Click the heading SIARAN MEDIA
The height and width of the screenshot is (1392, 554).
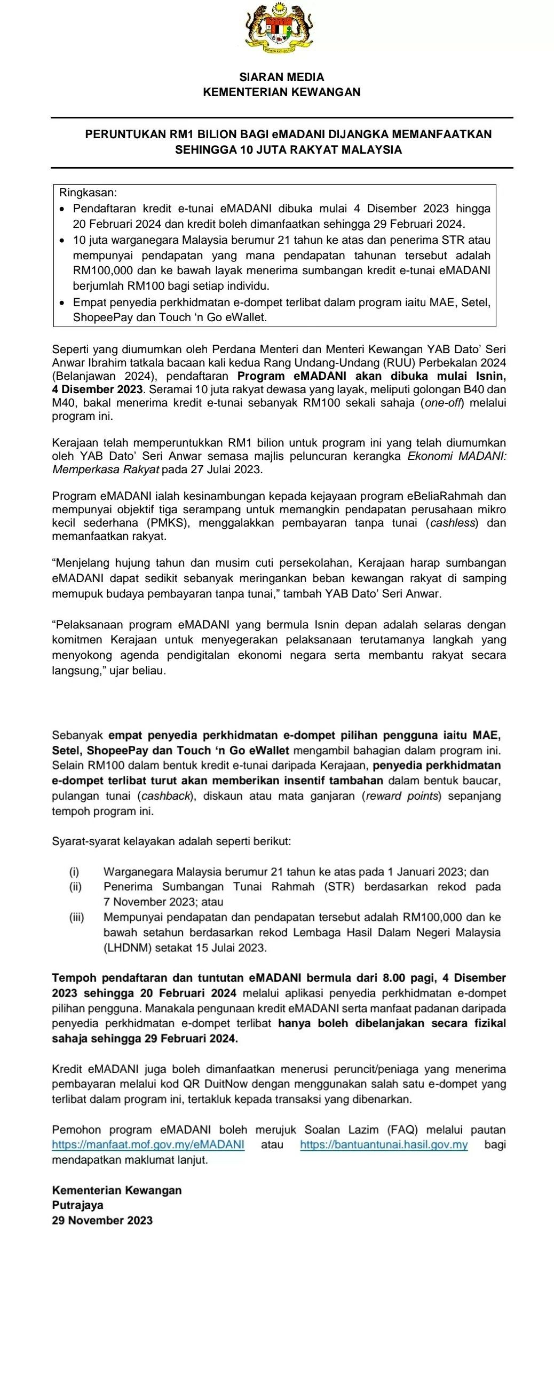tap(282, 77)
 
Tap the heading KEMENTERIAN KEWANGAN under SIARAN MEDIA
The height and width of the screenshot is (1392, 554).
tap(282, 92)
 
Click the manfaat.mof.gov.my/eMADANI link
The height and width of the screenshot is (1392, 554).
tap(148, 1144)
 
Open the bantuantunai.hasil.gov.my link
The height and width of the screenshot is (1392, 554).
tap(384, 1144)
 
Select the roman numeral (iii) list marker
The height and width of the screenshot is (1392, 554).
tap(76, 917)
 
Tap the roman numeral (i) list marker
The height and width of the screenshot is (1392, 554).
tap(74, 872)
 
